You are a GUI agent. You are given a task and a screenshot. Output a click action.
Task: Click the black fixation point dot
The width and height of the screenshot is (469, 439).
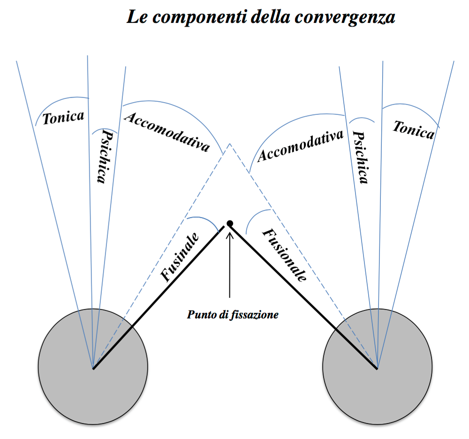click(x=230, y=223)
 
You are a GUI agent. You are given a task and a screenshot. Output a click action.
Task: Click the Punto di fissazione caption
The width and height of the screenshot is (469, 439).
click(x=233, y=315)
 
